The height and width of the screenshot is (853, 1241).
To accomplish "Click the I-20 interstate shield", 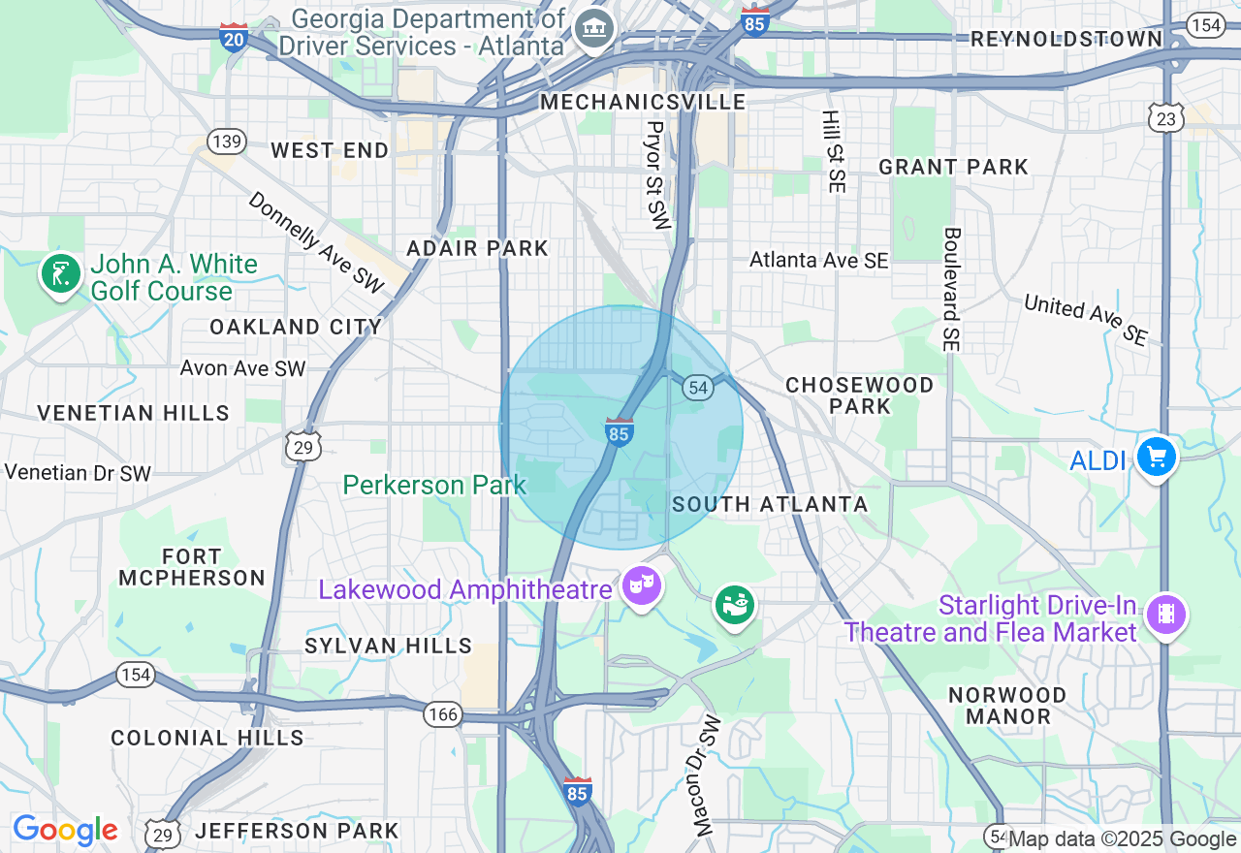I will click(x=234, y=37).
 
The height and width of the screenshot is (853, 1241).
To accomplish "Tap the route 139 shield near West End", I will click(x=226, y=142).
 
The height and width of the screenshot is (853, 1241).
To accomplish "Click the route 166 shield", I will click(x=441, y=715).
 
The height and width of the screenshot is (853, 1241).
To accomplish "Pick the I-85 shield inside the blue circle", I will click(x=620, y=432).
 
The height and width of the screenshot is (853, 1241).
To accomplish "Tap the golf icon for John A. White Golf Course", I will click(x=61, y=274).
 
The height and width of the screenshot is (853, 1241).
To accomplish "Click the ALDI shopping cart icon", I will click(x=1156, y=457).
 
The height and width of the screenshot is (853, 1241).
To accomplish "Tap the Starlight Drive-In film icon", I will click(x=1166, y=615).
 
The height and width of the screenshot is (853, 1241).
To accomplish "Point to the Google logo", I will click(x=65, y=831).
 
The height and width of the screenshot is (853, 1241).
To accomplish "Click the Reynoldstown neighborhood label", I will click(x=1066, y=39).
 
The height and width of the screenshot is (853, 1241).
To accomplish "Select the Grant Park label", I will click(x=953, y=167).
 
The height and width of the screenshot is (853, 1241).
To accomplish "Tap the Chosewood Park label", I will click(x=859, y=395).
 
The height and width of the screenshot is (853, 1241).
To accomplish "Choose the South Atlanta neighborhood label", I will click(x=770, y=504).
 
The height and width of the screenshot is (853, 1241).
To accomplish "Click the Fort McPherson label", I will click(x=192, y=567).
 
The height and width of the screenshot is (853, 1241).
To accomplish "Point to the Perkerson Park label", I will click(x=434, y=485).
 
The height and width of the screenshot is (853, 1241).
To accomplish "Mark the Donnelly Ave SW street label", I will click(x=316, y=242).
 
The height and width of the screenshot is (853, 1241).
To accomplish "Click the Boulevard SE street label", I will click(x=951, y=289).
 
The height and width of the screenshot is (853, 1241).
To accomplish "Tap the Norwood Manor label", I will click(x=1007, y=706).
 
